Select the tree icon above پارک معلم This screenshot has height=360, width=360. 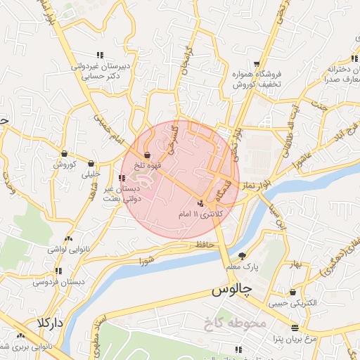243,256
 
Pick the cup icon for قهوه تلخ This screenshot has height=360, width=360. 147,155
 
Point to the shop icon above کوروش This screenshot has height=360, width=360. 64,154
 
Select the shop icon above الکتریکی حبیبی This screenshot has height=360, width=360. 292,292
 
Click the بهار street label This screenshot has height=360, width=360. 295,264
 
